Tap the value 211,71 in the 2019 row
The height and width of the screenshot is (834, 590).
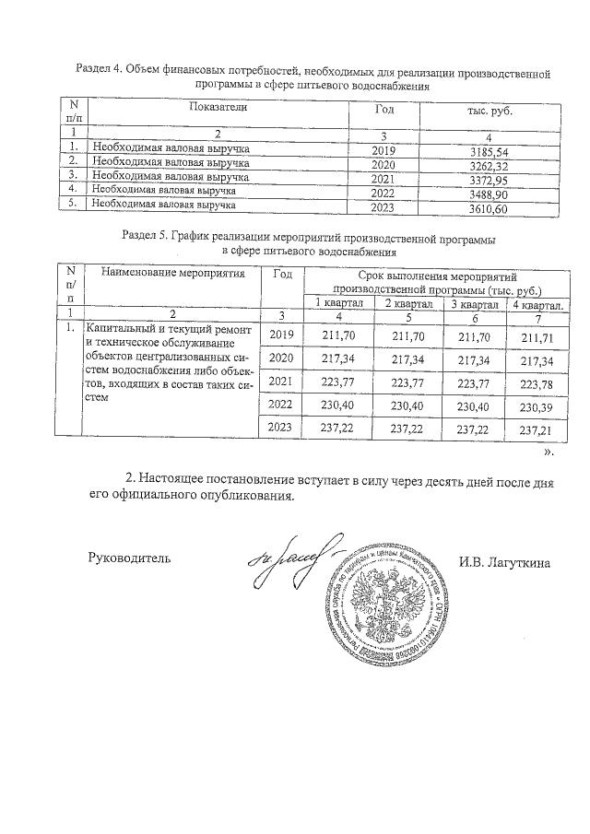coord(540,338)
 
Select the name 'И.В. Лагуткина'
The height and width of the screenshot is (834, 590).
coord(503,561)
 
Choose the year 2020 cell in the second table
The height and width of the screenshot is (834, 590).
coord(280,358)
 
